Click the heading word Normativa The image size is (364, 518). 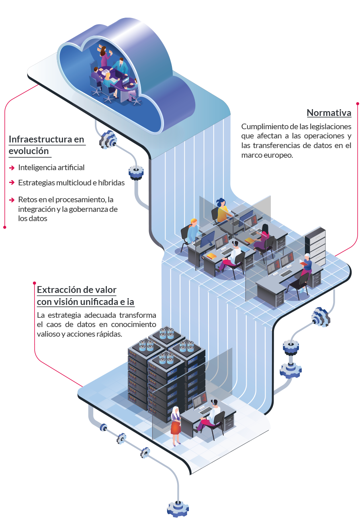329,113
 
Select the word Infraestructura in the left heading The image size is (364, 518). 40,139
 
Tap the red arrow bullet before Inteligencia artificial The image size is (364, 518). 12,168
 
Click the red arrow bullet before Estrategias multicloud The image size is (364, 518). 12,183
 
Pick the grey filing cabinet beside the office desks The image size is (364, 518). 315,246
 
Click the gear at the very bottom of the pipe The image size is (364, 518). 178,509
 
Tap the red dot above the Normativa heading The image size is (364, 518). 358,104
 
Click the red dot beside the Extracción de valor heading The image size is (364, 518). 35,283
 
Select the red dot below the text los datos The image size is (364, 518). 5,228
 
